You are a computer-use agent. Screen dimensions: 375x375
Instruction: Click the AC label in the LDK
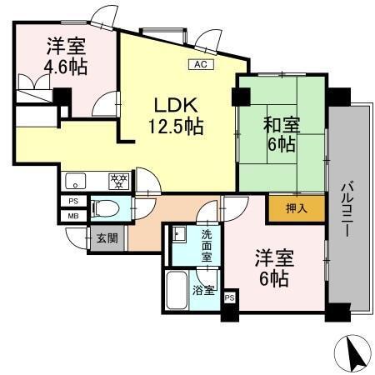click(x=200, y=64)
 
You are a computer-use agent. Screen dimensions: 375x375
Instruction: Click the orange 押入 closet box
click(x=286, y=208)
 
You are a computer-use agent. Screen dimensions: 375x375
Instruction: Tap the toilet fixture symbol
click(x=103, y=207)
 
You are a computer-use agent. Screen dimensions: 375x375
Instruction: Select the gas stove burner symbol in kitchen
click(x=118, y=179)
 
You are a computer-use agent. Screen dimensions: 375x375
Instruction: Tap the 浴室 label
click(x=204, y=291)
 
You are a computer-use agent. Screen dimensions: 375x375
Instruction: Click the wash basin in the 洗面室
click(x=179, y=234)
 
